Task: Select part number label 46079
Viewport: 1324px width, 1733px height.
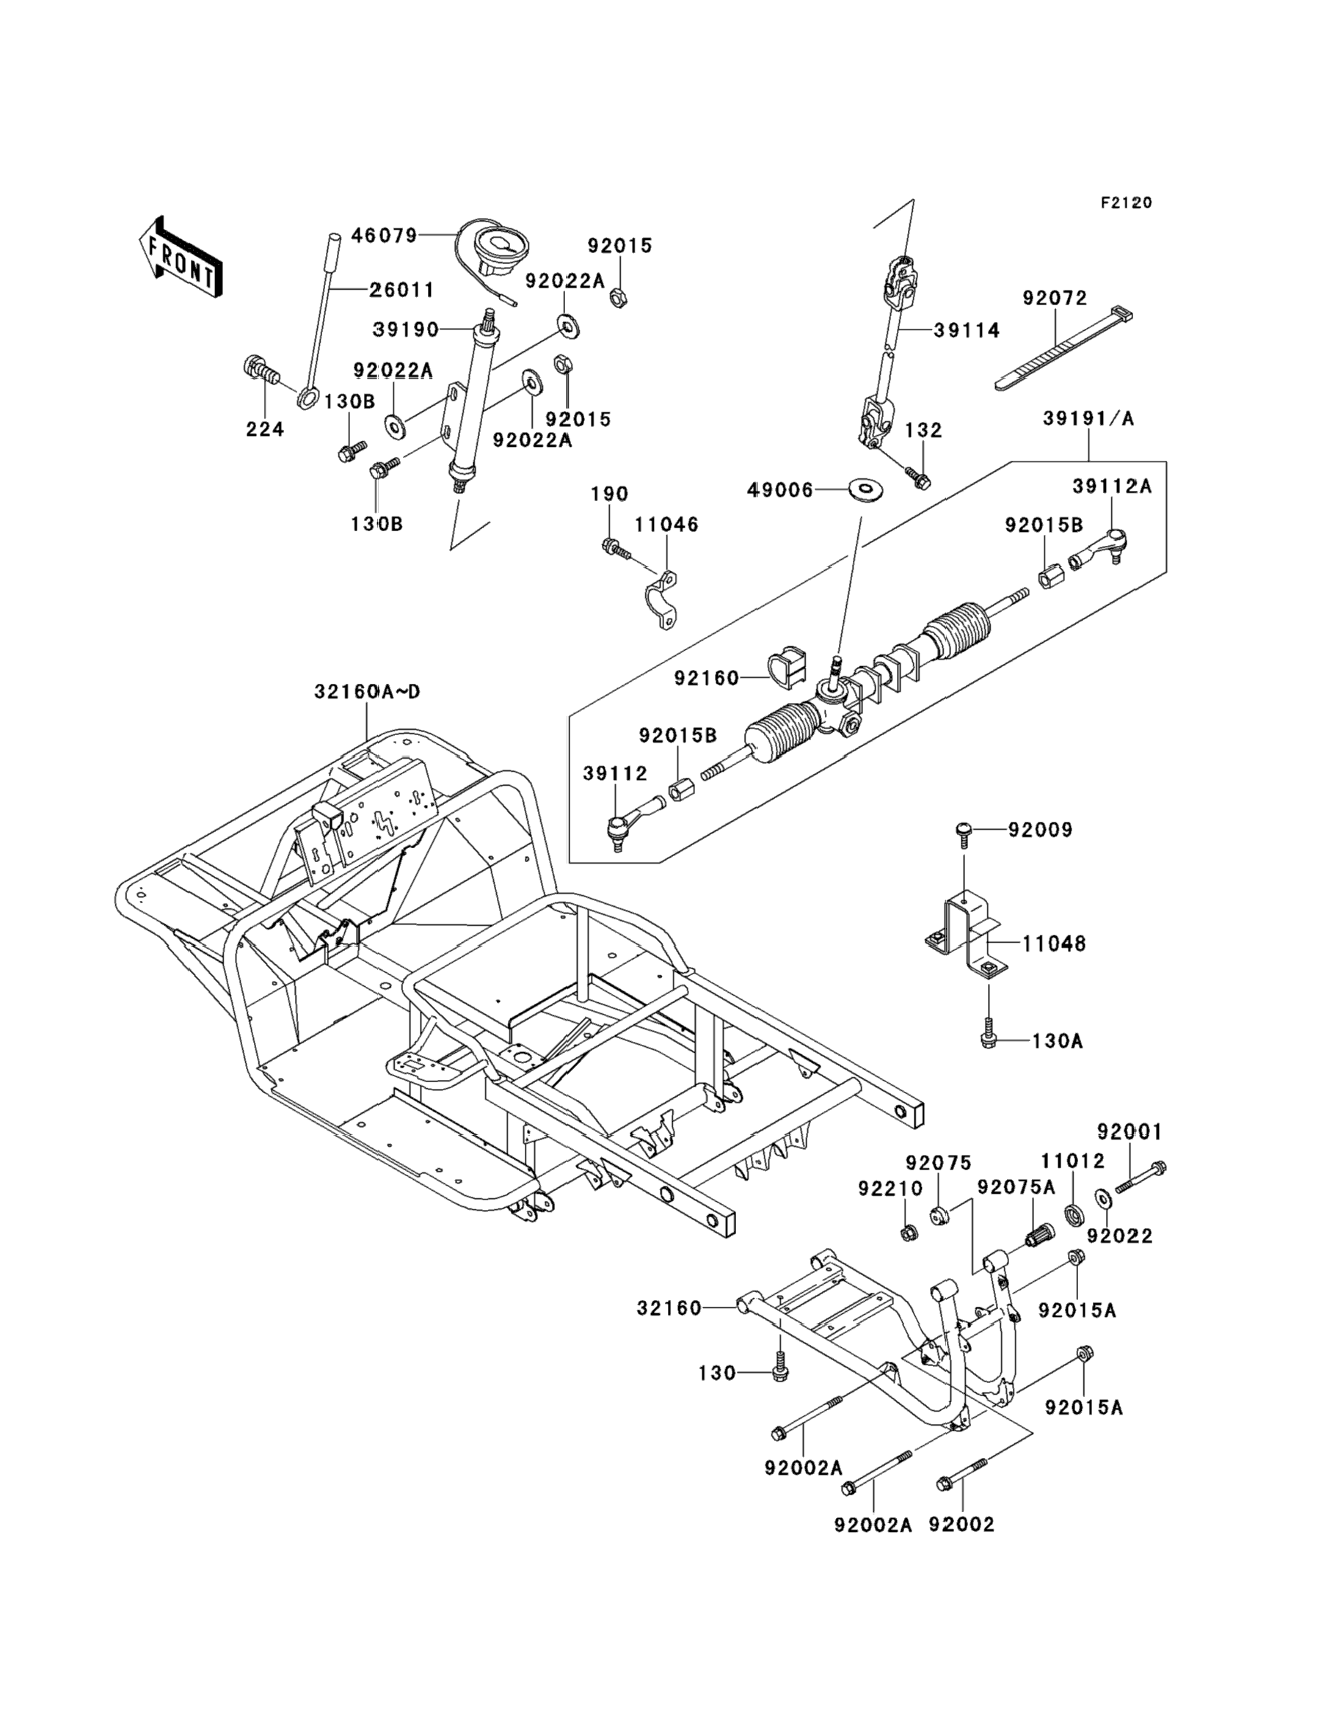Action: (384, 236)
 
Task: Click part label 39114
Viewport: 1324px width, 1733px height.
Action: (967, 330)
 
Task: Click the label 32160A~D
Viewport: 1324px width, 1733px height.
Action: (367, 692)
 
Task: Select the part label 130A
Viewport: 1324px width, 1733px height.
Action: (1058, 1041)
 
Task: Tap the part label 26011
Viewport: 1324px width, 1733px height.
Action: (402, 291)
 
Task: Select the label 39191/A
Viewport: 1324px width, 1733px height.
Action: (1088, 418)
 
